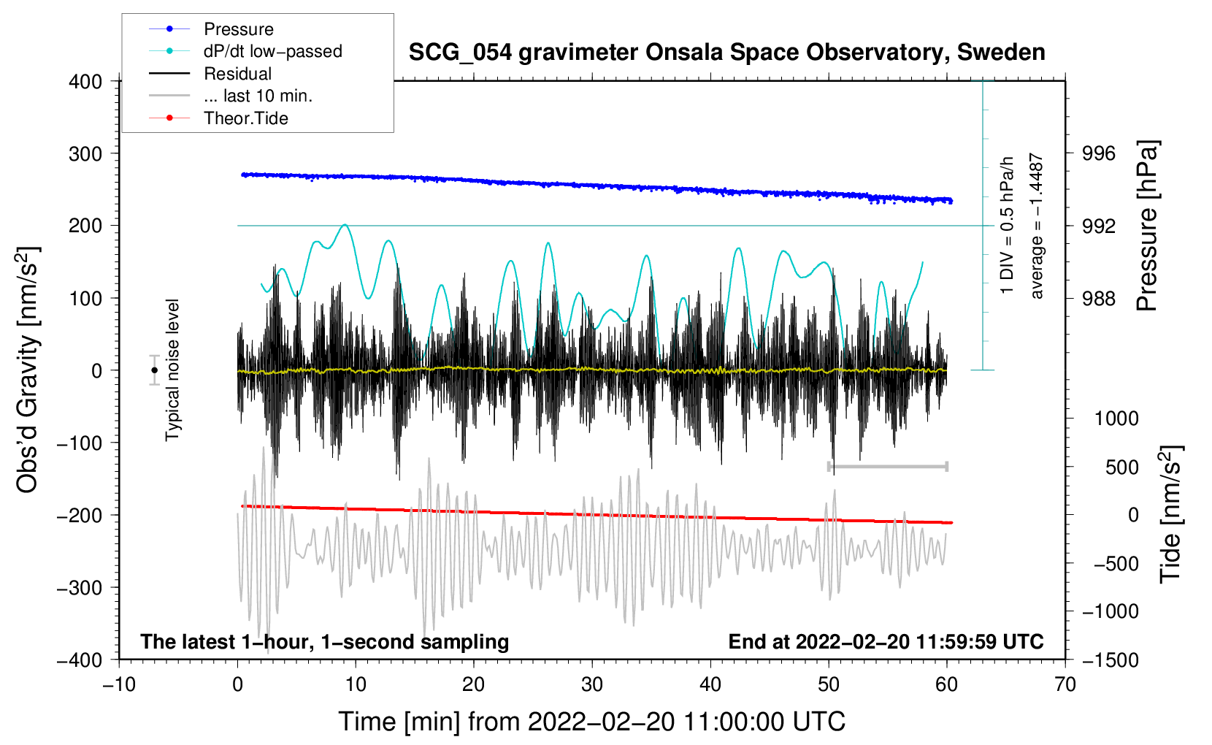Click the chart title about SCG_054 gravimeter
tap(726, 53)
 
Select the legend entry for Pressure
tap(238, 29)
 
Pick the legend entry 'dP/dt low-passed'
tap(272, 51)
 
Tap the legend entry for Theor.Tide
tap(245, 118)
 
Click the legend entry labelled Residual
tap(237, 74)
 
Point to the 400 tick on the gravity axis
tap(85, 82)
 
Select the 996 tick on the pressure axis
tap(1099, 153)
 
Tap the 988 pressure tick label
tap(1099, 298)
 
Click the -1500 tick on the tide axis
tap(1110, 660)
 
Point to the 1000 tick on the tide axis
tap(1116, 419)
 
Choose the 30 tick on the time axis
tap(592, 684)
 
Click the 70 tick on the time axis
tap(1065, 684)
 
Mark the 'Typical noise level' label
tap(172, 370)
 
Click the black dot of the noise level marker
tap(155, 370)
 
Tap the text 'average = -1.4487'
tap(1037, 226)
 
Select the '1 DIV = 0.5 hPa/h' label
tap(1008, 225)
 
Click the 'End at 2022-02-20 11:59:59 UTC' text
tap(886, 641)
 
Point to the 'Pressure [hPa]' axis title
tap(1147, 226)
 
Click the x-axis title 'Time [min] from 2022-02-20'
tap(592, 722)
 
